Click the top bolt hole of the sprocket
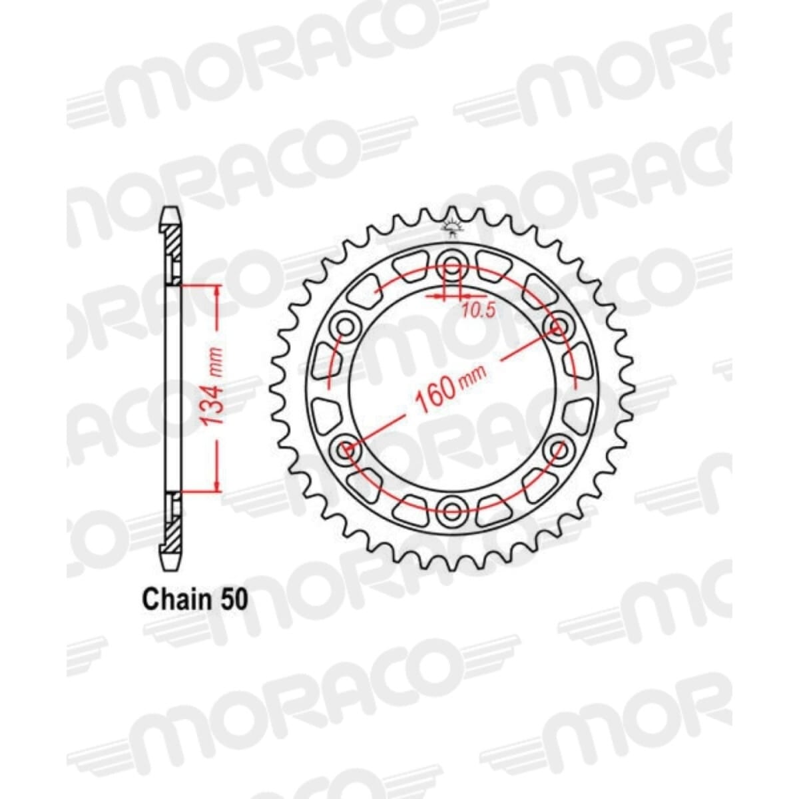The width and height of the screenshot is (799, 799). (453, 260)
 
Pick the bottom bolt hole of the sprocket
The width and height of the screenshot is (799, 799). (453, 511)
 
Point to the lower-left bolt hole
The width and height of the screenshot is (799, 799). (346, 451)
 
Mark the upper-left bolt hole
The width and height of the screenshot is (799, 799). (346, 326)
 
